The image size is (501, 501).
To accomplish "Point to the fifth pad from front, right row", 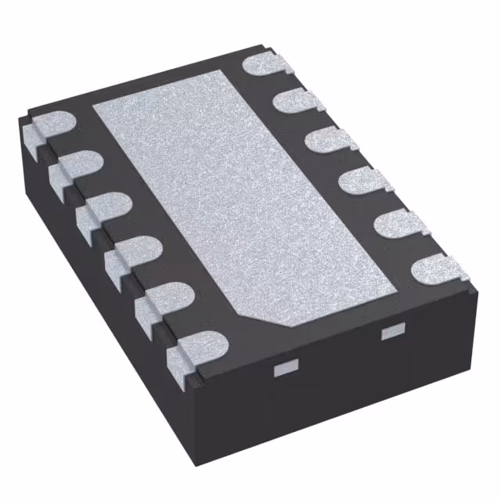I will [x=296, y=99].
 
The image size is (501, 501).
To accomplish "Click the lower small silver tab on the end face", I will [x=287, y=367].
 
